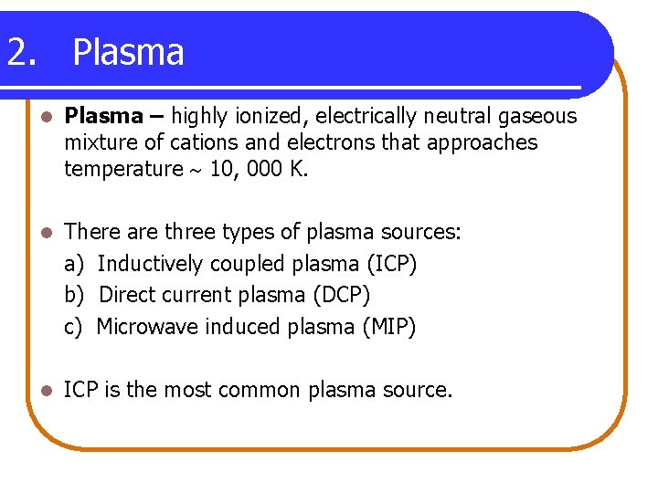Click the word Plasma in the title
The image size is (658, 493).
click(128, 53)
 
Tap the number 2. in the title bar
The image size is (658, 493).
click(22, 53)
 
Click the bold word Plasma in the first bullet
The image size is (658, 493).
click(104, 116)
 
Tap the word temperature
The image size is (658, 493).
click(123, 169)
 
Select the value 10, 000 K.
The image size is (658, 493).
click(260, 169)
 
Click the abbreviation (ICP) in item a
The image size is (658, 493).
click(391, 264)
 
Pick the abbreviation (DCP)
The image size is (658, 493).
click(340, 295)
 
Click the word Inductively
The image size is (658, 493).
click(151, 264)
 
